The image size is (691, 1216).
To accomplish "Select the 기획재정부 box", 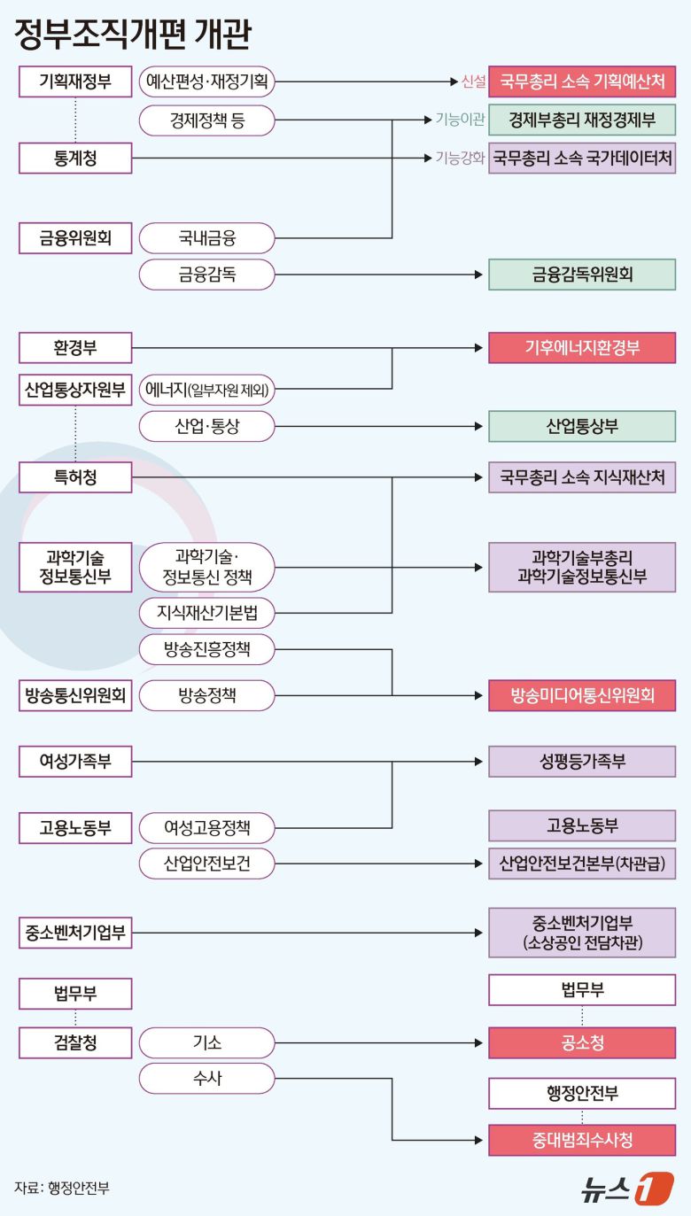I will (x=75, y=82).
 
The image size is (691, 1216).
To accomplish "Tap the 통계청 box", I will (x=75, y=159).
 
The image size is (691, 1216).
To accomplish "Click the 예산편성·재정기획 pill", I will (x=207, y=82).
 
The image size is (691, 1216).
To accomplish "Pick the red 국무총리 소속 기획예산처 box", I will (x=582, y=82).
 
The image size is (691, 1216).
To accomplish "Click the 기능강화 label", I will (x=460, y=159).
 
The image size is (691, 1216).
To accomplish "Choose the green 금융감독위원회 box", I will (x=582, y=275).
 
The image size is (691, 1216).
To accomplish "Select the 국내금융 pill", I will (x=207, y=237).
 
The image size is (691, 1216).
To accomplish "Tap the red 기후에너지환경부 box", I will (x=582, y=348).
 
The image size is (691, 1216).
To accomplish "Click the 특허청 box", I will (x=75, y=478).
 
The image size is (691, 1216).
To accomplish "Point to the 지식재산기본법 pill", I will (x=207, y=612).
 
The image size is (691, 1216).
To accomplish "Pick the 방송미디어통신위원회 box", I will (x=582, y=695).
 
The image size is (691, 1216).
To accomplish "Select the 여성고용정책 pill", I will (x=207, y=828).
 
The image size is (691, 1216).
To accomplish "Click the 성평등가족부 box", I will (x=582, y=762).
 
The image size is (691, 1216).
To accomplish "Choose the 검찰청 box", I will (x=75, y=1043).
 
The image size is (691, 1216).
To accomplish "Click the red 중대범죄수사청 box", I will (x=582, y=1140).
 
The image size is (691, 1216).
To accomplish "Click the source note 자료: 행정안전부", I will (x=62, y=1189).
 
